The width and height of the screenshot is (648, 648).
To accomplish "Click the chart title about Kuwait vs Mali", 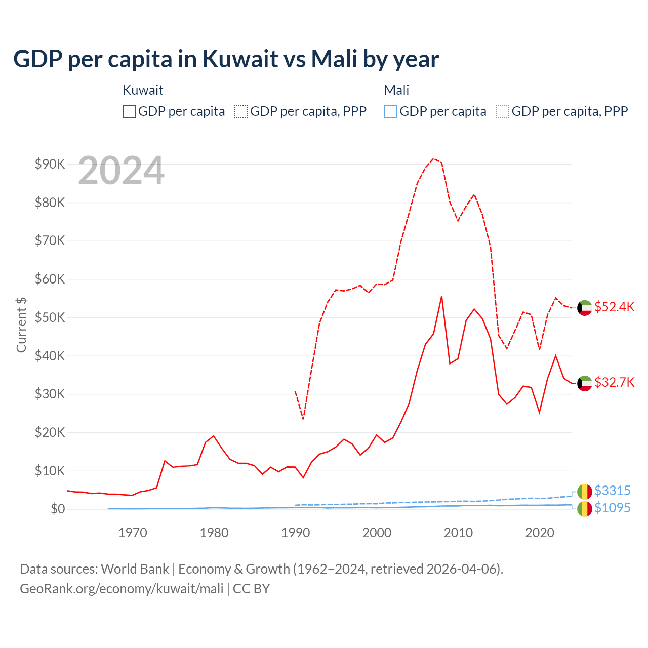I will [x=226, y=59].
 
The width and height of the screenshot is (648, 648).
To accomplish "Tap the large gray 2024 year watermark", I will [x=121, y=171].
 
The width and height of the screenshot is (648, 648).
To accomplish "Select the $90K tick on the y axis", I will [x=50, y=164].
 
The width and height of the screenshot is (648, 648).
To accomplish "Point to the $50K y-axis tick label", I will [x=50, y=317].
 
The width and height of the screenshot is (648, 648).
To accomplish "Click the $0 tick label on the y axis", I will [x=57, y=509].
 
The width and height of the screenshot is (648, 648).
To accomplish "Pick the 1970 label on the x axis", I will [x=133, y=533].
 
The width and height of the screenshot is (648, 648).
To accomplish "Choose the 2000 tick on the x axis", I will [x=377, y=533].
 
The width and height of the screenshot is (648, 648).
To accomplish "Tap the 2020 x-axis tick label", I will [x=540, y=533].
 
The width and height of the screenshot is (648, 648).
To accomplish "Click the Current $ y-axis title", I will [x=21, y=325].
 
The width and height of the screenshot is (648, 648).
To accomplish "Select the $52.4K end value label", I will [x=614, y=307].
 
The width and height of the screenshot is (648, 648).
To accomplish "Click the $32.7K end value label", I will [x=614, y=382].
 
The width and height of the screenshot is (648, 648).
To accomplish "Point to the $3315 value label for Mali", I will [x=612, y=491].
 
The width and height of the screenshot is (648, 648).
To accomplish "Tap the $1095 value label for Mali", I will [x=612, y=508].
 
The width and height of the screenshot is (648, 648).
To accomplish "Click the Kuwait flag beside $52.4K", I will [x=585, y=308].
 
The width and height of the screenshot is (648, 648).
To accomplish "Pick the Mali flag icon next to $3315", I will [x=585, y=491].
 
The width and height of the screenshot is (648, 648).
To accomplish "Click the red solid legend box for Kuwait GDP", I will [x=129, y=111].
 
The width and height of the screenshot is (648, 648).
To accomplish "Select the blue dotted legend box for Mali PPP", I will [x=503, y=111].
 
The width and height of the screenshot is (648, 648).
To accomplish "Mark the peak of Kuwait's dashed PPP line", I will [x=433, y=158].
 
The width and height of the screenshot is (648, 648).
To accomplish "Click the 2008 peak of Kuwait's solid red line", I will [x=441, y=296].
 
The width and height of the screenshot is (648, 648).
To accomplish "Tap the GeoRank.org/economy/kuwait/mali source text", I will [x=121, y=589].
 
